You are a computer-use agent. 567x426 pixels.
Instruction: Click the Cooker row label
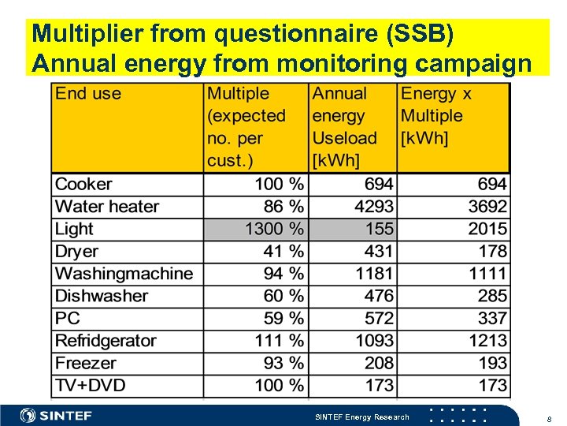tap(83, 185)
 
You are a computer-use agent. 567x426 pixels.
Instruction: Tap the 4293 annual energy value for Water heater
tap(372, 207)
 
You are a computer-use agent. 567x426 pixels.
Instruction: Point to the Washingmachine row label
tap(124, 274)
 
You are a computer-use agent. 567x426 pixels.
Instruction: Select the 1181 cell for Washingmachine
tap(373, 274)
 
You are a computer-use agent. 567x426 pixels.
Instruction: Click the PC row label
tap(68, 319)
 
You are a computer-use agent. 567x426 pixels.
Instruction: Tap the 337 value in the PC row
tap(491, 319)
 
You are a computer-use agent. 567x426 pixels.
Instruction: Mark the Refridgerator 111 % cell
tap(279, 341)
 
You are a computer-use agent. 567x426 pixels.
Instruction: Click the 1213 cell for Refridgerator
tap(485, 341)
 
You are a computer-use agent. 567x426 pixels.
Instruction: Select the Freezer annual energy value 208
tap(378, 364)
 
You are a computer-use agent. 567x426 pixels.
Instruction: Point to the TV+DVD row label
tap(90, 386)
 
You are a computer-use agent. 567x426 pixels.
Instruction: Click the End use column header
tap(88, 94)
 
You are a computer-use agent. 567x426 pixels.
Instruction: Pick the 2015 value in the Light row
tap(485, 230)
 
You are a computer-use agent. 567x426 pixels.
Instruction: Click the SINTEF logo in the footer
tap(56, 416)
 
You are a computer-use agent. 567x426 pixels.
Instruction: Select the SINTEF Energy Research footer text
tap(361, 417)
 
